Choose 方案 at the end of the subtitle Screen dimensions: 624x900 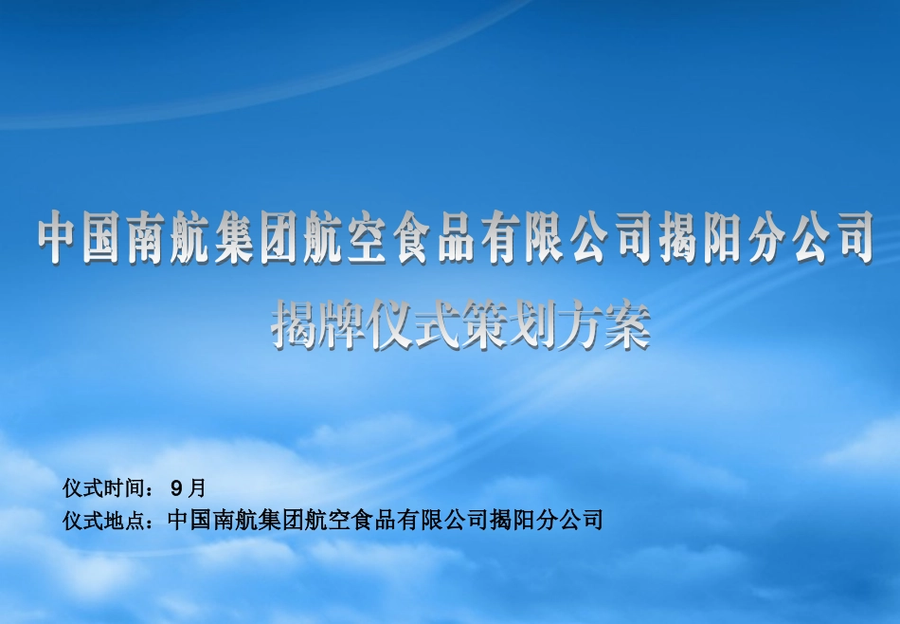click(603, 325)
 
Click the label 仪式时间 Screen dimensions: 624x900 click(104, 488)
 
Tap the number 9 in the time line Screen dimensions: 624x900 click(176, 489)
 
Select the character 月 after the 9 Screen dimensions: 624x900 click(196, 488)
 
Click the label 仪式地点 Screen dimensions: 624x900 click(104, 520)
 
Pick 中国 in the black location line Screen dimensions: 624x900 click(189, 520)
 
